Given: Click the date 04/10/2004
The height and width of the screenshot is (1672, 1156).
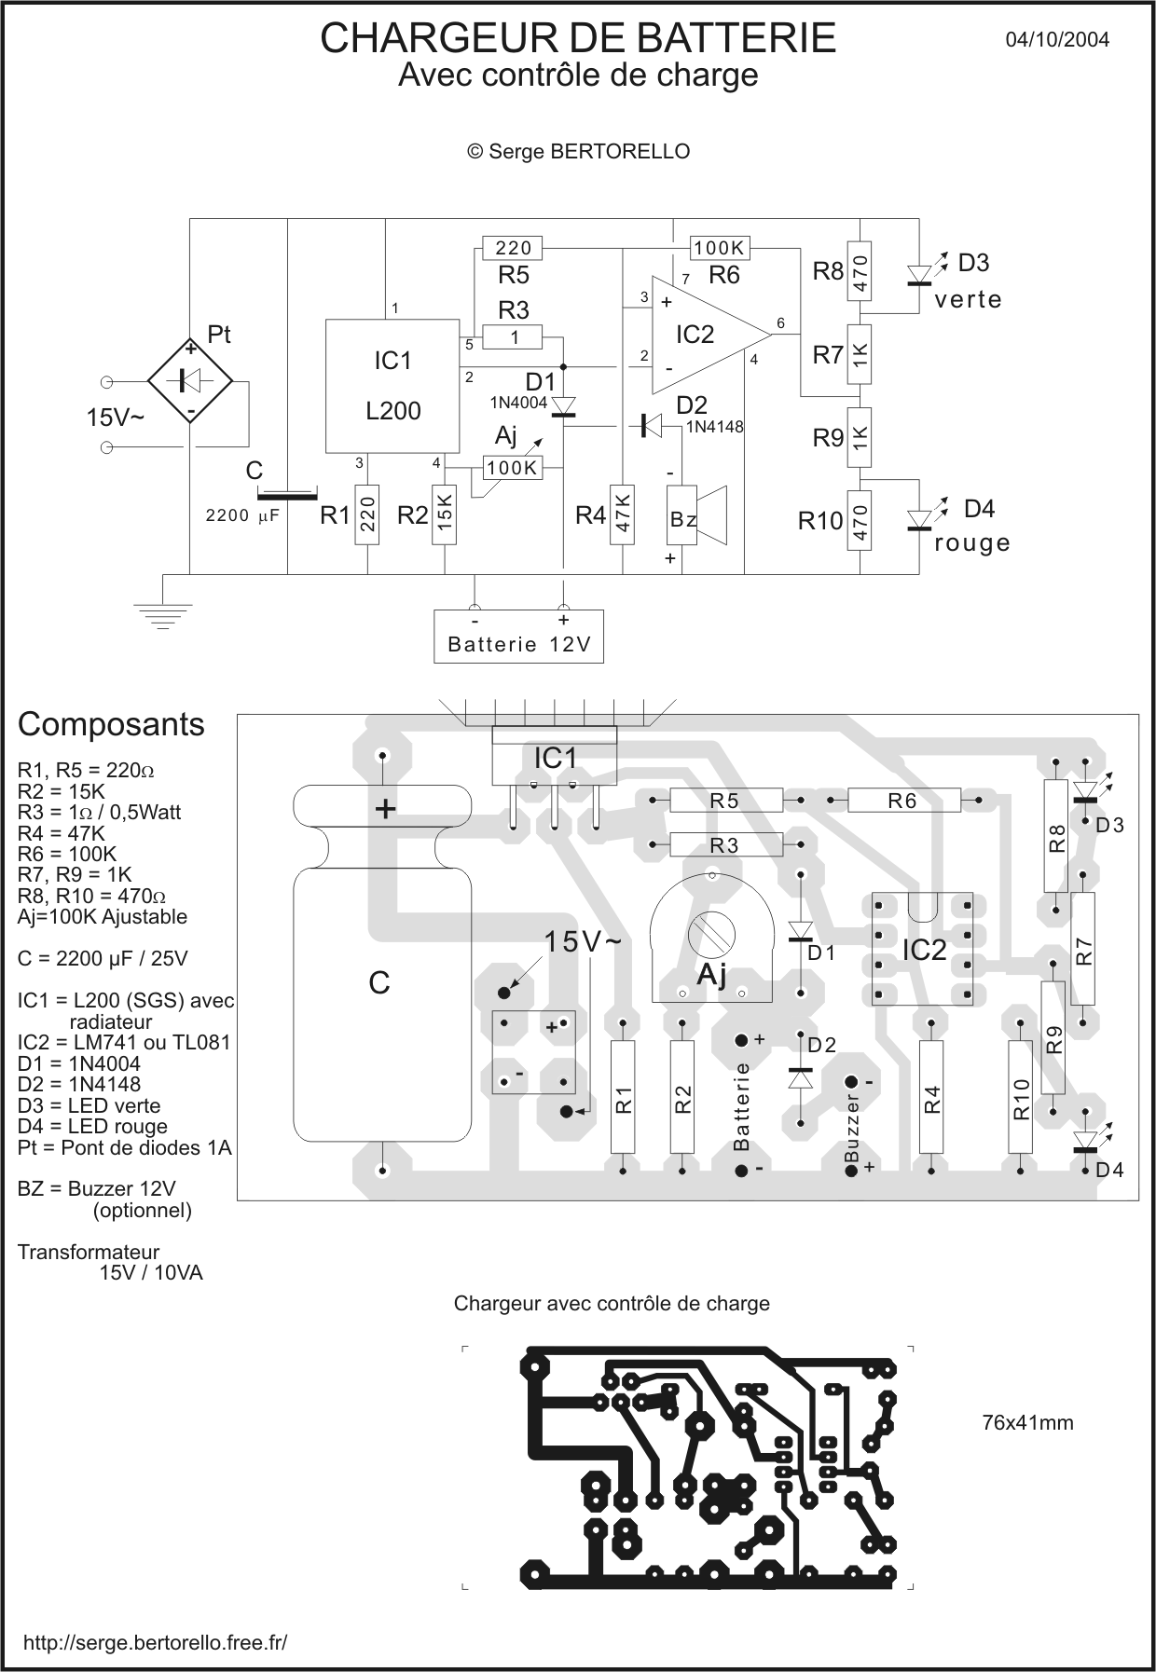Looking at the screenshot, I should click(x=1057, y=39).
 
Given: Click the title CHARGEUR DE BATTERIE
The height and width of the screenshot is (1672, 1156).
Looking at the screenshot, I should click(x=578, y=38).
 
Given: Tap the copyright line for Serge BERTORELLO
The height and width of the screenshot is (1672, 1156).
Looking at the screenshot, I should click(x=578, y=151).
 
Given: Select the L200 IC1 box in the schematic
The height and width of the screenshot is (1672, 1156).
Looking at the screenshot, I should click(x=392, y=386).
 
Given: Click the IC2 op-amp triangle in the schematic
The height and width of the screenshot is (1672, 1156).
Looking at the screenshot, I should click(x=699, y=336).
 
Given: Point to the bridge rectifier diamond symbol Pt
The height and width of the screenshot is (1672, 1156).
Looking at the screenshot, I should click(x=190, y=380).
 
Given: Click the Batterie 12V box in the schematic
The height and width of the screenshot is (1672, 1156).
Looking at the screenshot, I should click(x=518, y=637).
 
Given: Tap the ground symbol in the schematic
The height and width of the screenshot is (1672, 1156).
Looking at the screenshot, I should click(x=163, y=615).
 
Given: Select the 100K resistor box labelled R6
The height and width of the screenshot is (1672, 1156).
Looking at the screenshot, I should click(x=720, y=248).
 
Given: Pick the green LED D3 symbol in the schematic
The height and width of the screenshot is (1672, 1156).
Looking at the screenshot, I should click(x=919, y=273).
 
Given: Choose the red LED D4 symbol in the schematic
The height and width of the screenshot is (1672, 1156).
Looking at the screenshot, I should click(x=919, y=519).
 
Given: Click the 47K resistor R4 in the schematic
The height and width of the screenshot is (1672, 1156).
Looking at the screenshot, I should click(x=622, y=514).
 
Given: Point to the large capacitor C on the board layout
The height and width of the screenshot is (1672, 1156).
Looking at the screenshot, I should click(x=381, y=969).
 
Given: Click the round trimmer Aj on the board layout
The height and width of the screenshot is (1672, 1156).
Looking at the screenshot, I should click(x=711, y=937).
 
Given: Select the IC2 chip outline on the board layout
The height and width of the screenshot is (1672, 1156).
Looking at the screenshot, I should click(x=922, y=949).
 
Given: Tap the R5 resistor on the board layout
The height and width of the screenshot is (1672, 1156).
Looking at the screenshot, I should click(x=725, y=800).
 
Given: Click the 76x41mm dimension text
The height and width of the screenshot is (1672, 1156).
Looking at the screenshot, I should click(x=1027, y=1423).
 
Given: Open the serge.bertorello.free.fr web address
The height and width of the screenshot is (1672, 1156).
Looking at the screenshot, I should click(x=155, y=1642).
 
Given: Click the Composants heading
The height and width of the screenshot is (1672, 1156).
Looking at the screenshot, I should click(x=111, y=724).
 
